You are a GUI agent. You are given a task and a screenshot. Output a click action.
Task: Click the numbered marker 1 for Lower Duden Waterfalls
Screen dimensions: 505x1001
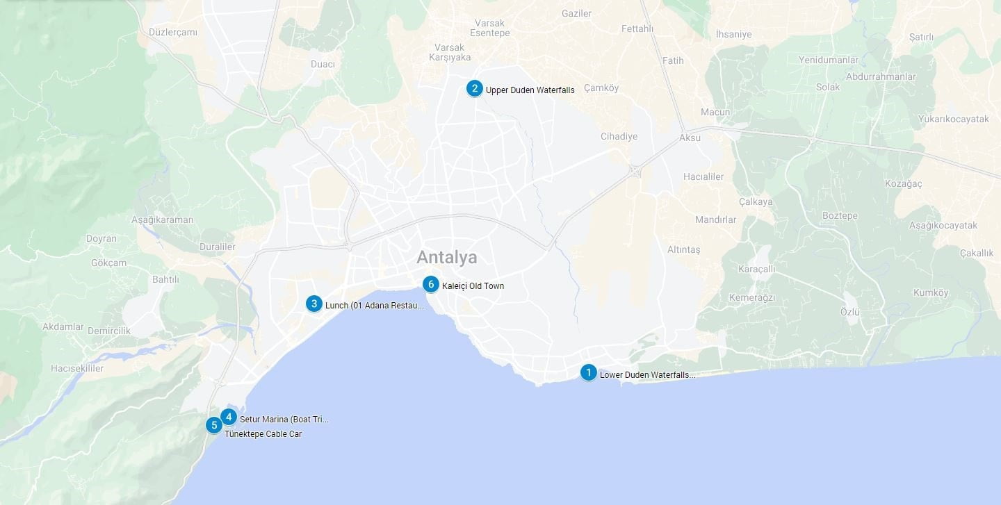tap(588, 372)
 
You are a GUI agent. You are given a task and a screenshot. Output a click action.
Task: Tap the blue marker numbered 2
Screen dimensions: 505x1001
tap(474, 88)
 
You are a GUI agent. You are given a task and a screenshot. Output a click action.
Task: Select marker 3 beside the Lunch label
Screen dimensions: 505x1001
tap(314, 304)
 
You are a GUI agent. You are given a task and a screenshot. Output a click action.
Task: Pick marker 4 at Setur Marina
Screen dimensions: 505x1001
tap(229, 417)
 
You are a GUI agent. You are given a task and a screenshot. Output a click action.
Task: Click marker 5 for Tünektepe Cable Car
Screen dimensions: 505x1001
tap(214, 424)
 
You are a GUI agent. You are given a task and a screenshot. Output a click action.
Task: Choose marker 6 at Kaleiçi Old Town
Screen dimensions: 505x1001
tap(431, 284)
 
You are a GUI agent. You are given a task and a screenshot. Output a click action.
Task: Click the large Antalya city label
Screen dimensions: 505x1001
tap(447, 258)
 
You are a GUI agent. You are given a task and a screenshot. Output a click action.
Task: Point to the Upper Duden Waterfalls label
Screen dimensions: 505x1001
tap(530, 90)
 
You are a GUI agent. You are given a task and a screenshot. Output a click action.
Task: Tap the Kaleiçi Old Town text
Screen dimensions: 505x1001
tap(473, 286)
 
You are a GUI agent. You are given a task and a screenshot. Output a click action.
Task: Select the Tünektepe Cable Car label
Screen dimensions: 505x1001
tap(263, 434)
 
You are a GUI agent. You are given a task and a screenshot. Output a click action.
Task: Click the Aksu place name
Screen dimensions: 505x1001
tap(690, 138)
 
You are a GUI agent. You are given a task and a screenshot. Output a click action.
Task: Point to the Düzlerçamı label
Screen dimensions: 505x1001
tap(173, 32)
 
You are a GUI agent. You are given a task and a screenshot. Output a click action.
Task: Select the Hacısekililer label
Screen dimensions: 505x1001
tap(77, 368)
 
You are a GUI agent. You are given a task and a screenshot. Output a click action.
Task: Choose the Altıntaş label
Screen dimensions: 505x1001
tap(683, 249)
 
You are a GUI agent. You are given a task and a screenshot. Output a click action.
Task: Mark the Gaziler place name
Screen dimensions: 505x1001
tap(576, 13)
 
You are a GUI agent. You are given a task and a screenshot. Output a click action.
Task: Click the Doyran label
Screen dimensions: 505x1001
tap(101, 238)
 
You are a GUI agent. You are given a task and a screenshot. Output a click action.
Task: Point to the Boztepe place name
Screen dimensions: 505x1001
tap(840, 215)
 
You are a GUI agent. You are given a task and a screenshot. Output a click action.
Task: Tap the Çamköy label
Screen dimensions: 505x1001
tap(601, 88)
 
